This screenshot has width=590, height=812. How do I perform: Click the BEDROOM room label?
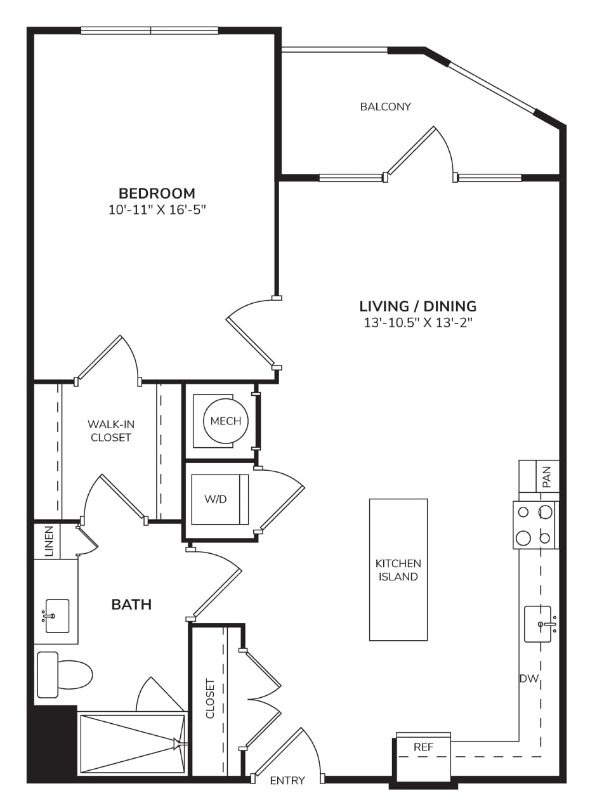[x=157, y=193]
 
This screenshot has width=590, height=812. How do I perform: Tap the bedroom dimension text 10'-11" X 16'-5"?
[x=157, y=210]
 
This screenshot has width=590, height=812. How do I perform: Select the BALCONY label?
[x=386, y=107]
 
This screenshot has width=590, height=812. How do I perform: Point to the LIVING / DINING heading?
[x=418, y=306]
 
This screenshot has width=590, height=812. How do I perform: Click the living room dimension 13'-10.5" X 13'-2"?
[x=418, y=323]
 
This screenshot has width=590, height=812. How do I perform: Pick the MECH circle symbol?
[x=226, y=421]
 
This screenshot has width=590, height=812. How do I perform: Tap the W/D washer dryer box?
[x=220, y=499]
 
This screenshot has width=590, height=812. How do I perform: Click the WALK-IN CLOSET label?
[x=111, y=431]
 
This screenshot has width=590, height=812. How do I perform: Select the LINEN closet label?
[x=49, y=542]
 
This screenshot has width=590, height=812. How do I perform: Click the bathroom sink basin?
[x=57, y=616]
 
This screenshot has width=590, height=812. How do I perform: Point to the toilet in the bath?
[x=65, y=674]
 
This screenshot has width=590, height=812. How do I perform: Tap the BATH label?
[x=131, y=605]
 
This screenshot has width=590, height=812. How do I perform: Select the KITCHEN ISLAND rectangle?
[x=398, y=570]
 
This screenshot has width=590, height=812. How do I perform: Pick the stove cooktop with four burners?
[x=535, y=525]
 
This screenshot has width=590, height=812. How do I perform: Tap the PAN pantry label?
[x=547, y=477]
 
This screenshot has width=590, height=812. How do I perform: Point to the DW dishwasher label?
[x=529, y=679]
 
